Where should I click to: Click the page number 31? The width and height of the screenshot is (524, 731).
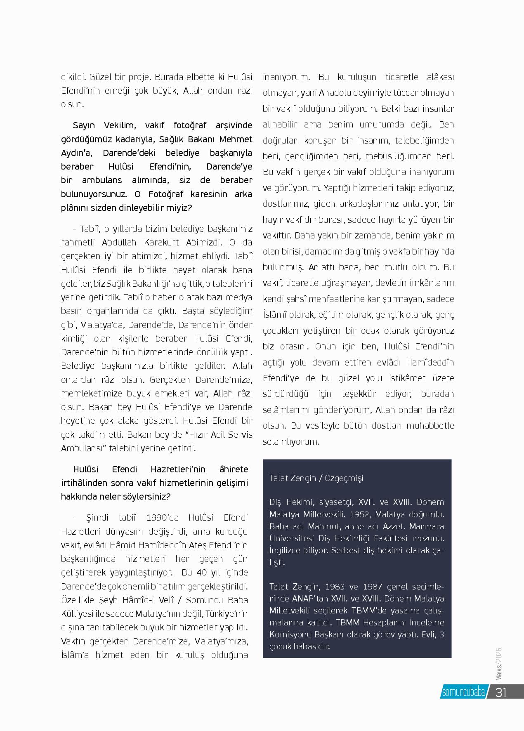click(501, 692)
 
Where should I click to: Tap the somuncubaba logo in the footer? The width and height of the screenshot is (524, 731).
click(463, 692)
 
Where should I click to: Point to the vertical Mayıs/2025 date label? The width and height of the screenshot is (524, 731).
click(499, 664)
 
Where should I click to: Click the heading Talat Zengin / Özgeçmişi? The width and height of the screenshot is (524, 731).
click(316, 478)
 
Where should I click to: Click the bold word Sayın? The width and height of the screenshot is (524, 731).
click(84, 125)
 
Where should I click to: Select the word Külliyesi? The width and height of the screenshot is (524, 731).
click(78, 613)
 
